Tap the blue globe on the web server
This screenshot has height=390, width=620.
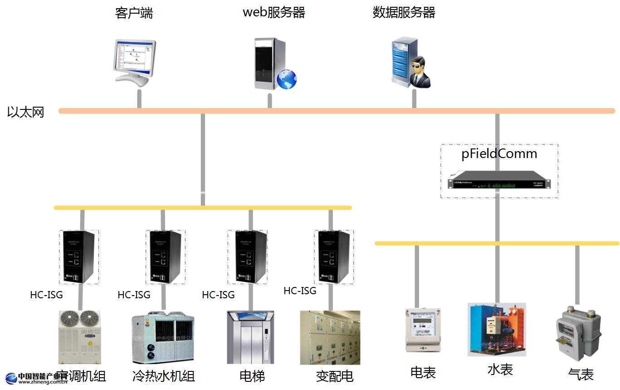(287, 79)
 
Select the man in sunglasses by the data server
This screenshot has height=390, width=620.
(420, 73)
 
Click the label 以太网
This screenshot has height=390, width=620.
(26, 112)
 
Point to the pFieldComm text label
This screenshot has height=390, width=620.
(499, 154)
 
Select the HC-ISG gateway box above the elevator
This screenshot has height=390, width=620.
(247, 257)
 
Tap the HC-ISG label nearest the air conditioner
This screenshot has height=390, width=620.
(46, 295)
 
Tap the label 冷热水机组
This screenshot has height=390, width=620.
(164, 376)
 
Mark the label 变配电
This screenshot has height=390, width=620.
(335, 376)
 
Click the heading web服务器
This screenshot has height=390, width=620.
(274, 12)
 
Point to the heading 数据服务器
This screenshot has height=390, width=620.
(404, 12)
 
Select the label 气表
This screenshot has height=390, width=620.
(581, 375)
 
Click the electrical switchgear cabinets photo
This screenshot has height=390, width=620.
(330, 337)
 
